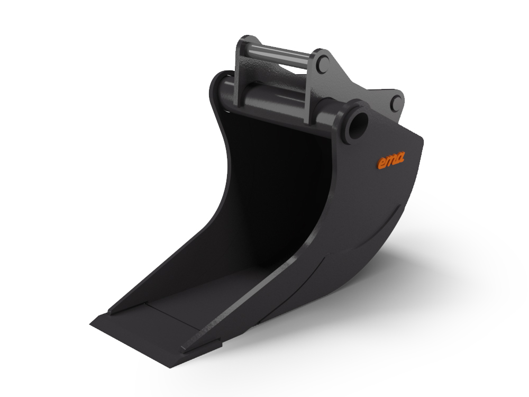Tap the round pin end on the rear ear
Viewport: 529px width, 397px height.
(x=395, y=103)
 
